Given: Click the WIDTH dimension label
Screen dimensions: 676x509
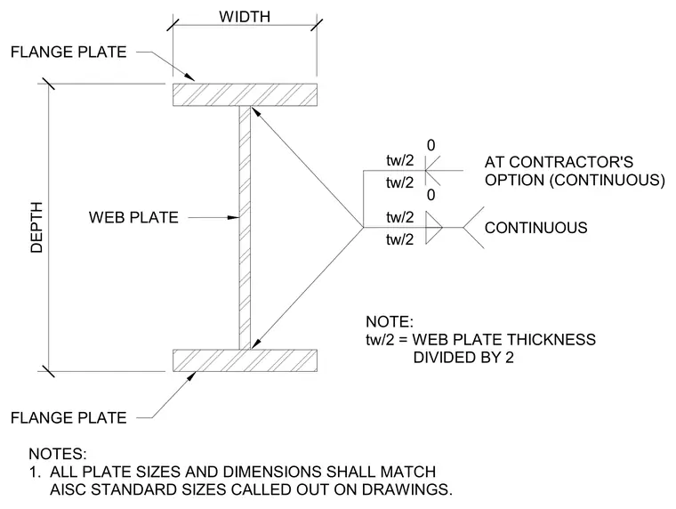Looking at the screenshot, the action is [x=245, y=17].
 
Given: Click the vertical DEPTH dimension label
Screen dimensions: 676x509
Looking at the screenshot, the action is [x=37, y=227].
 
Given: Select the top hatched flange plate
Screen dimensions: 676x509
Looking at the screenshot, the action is [x=245, y=95].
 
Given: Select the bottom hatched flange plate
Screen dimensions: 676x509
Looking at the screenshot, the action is [x=245, y=360].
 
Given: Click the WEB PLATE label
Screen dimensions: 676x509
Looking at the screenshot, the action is [x=133, y=217].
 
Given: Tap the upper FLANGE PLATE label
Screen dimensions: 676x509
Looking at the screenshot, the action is [x=68, y=53].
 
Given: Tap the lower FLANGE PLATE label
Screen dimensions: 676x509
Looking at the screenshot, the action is [x=68, y=417].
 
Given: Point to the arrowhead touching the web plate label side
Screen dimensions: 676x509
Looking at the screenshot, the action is [x=234, y=217].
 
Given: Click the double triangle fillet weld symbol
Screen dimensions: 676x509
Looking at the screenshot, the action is [x=434, y=227].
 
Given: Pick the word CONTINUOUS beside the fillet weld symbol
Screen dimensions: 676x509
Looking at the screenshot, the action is [x=535, y=228].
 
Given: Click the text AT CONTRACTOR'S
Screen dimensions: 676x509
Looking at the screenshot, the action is [x=559, y=162].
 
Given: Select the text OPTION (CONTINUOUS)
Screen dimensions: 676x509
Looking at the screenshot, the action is [x=575, y=180].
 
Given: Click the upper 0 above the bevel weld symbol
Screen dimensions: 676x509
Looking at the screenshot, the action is [x=431, y=145].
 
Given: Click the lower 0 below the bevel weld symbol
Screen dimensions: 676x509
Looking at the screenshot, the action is [x=431, y=195].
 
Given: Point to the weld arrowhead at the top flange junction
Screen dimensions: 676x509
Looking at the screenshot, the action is [x=254, y=111].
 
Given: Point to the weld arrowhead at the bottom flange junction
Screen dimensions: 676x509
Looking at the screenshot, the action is [x=255, y=343].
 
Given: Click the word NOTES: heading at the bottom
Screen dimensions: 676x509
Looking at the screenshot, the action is [x=58, y=454].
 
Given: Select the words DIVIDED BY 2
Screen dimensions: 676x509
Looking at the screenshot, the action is [x=463, y=358].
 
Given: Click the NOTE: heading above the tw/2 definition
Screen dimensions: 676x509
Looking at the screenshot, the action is [x=390, y=322].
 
